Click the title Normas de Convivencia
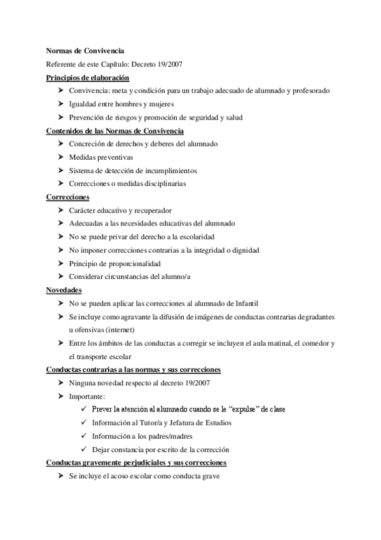[86, 51]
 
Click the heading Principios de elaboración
[88, 78]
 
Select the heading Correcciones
[68, 197]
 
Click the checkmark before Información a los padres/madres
[85, 436]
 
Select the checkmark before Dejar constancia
[85, 449]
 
